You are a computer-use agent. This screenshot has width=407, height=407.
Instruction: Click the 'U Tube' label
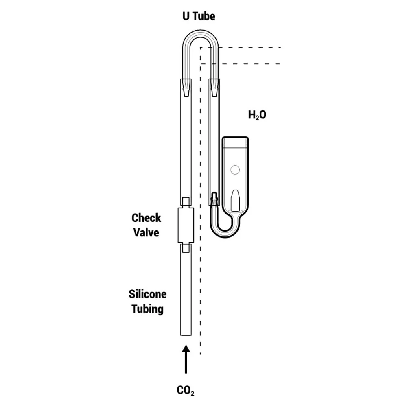198,16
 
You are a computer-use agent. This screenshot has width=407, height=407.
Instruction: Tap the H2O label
257,115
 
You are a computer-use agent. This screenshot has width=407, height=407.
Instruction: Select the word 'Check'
146,218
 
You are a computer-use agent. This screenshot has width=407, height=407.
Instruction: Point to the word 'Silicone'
147,294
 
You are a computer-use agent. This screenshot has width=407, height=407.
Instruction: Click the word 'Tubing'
147,309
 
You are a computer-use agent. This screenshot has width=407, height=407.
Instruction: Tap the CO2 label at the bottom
186,391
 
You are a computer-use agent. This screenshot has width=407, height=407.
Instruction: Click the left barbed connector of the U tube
186,87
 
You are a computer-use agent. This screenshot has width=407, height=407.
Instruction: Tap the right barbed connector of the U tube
214,87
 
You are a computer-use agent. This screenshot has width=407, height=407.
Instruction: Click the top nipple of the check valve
186,202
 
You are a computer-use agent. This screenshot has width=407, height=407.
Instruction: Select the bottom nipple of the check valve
186,248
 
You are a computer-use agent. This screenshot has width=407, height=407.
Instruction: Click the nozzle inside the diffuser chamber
235,199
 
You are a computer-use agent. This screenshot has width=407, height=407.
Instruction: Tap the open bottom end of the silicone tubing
186,334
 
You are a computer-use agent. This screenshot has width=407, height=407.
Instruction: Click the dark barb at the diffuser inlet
214,199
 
